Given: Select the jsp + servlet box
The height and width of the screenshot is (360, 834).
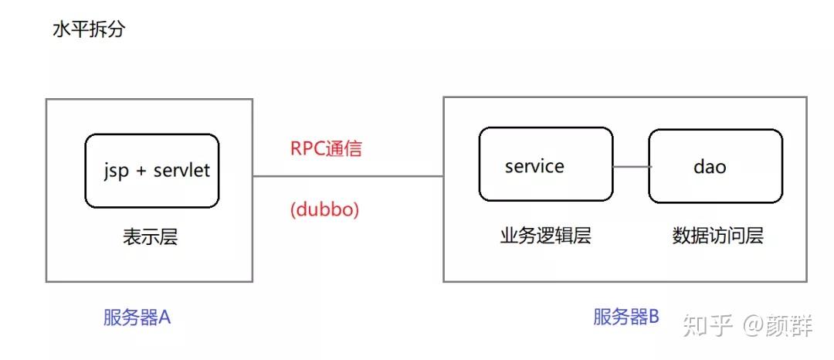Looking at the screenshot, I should [152, 171].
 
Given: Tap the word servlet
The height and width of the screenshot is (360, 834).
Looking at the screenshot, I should [181, 171].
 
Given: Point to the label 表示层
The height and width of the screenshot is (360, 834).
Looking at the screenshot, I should [150, 236].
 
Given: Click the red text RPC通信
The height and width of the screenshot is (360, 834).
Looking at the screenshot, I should [326, 149].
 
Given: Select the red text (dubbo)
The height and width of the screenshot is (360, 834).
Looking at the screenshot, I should [325, 209].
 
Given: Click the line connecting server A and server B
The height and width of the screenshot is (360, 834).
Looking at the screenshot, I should [347, 176].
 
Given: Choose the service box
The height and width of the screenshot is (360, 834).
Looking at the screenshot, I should [545, 164].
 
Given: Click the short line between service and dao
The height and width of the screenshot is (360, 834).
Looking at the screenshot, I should [630, 166].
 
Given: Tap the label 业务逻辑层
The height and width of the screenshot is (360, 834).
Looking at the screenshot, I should [545, 236].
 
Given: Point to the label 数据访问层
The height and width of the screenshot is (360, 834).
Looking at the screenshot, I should [717, 236].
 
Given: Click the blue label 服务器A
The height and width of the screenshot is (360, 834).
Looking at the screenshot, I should [137, 318].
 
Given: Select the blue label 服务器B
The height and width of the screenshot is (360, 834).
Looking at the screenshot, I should [626, 316].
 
